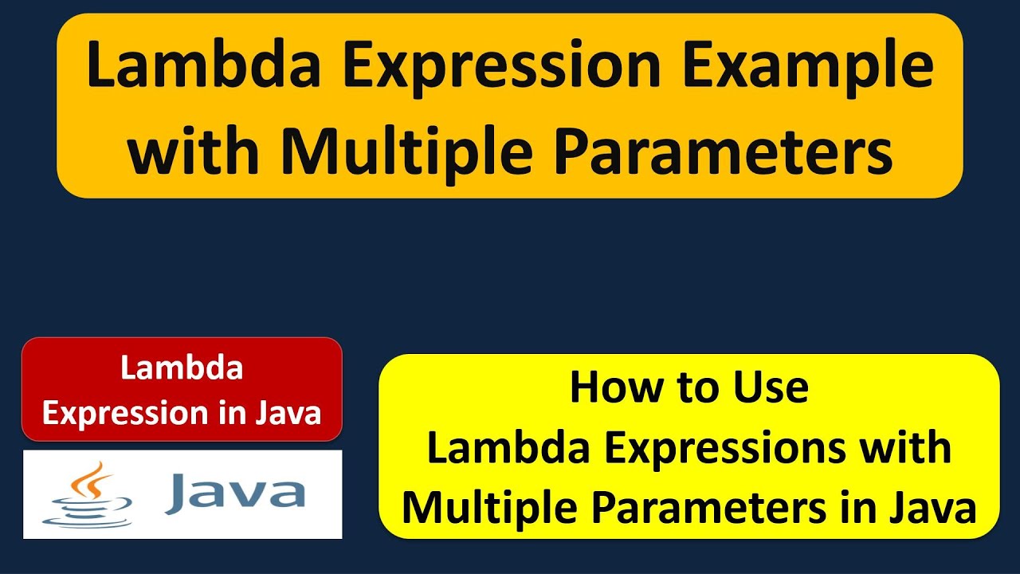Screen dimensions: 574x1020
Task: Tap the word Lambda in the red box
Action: click(x=182, y=368)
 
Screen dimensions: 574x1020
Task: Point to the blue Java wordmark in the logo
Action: click(x=234, y=494)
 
